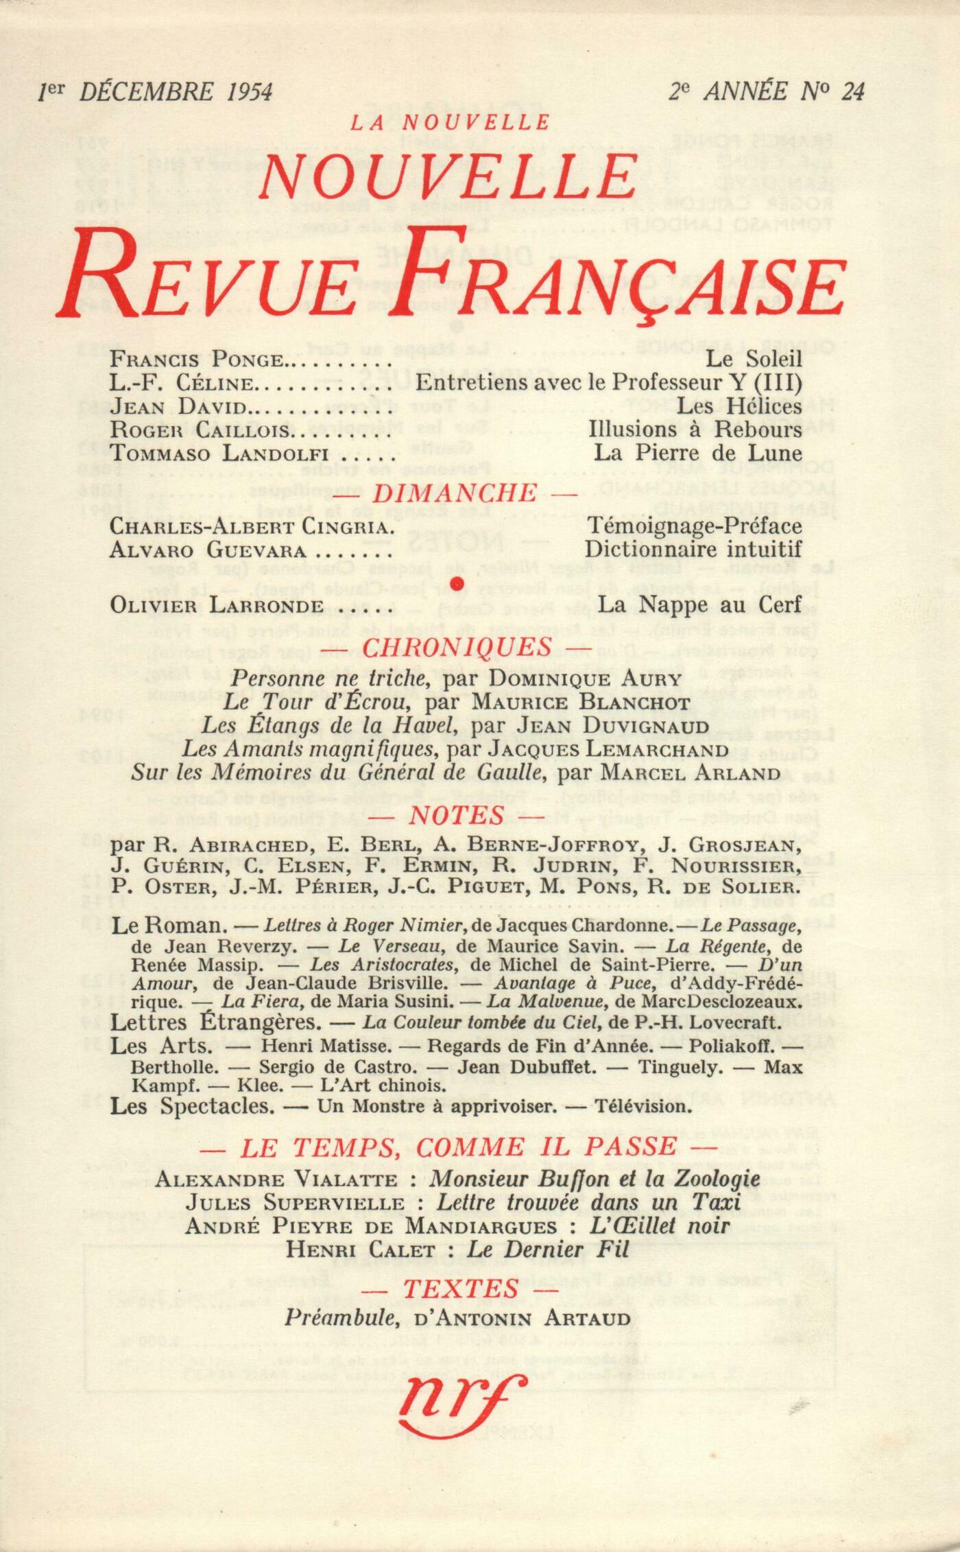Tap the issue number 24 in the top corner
852,91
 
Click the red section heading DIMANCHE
473,492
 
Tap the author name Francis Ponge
197,359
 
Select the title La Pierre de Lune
698,453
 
